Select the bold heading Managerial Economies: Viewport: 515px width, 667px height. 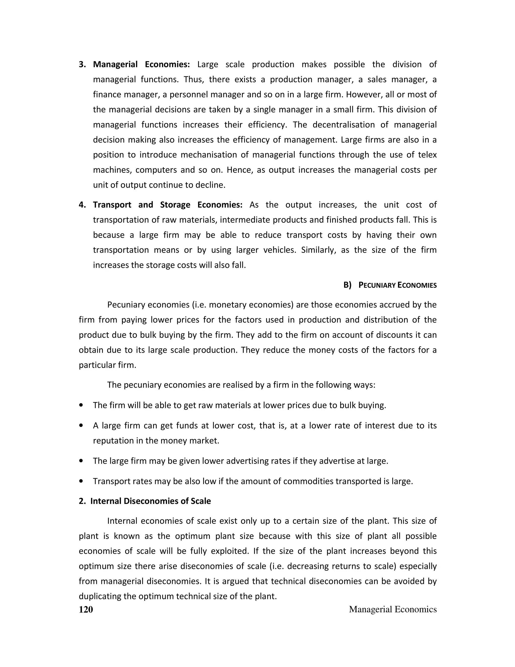click(141, 64)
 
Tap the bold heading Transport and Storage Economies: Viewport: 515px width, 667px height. click(167, 205)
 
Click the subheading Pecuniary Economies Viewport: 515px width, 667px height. click(397, 285)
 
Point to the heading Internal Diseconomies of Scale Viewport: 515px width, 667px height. click(150, 501)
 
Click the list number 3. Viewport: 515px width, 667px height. click(82, 64)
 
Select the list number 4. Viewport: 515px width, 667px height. click(82, 205)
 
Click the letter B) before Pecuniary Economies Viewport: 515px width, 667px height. click(347, 285)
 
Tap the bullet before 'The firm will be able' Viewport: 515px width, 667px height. click(81, 405)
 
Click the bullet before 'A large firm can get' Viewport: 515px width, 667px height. click(81, 425)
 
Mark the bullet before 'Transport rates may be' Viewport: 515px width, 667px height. click(81, 481)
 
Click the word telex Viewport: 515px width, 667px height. click(427, 155)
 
